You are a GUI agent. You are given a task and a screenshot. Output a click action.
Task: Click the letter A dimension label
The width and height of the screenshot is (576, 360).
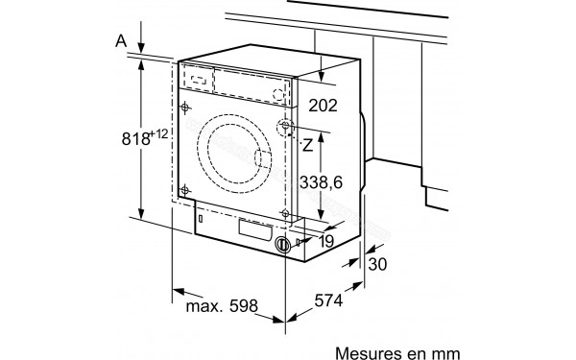pyautogui.click(x=119, y=40)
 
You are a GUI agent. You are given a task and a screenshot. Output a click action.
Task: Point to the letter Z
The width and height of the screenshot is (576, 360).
pyautogui.click(x=308, y=145)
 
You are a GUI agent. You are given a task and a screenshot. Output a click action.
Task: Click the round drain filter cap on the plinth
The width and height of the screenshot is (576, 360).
pyautogui.click(x=282, y=245)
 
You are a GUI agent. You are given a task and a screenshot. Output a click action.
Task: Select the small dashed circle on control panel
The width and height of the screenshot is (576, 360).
pyautogui.click(x=279, y=93)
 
